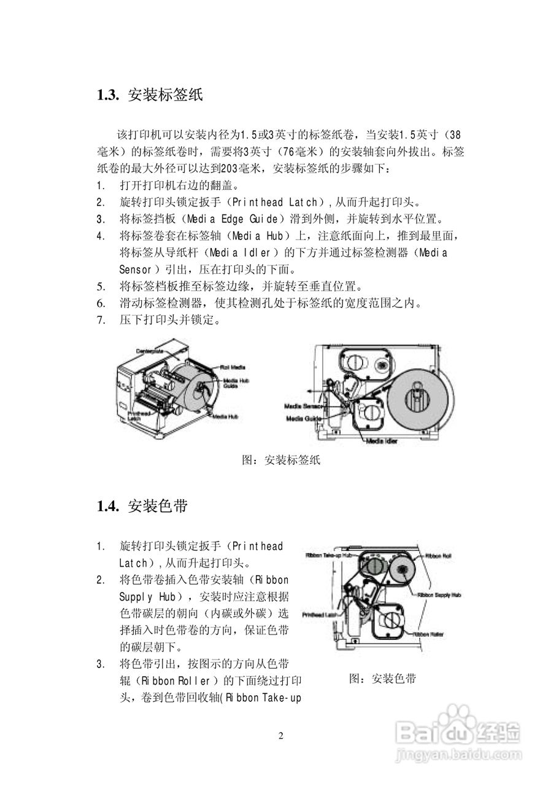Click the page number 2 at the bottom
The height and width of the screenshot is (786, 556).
[280, 736]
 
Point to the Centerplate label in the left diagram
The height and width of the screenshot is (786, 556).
[149, 351]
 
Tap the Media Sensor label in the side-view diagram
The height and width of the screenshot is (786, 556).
[304, 406]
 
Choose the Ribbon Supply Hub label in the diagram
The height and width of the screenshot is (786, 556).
[439, 594]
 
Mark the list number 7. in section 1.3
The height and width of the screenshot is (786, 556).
[101, 319]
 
